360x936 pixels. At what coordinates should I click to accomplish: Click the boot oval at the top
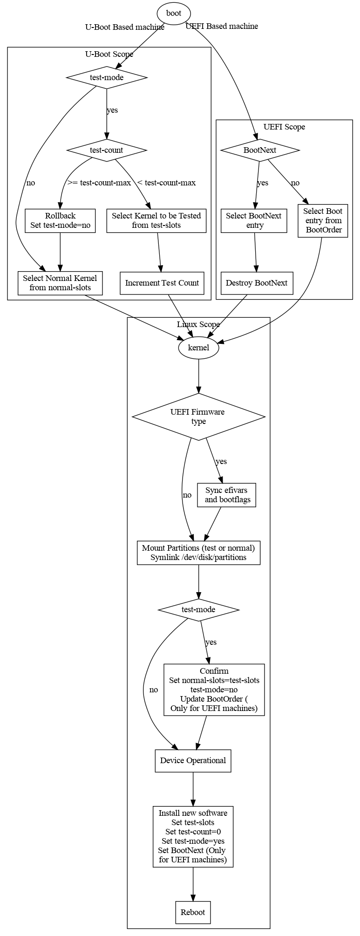pos(174,14)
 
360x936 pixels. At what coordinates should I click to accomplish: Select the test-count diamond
pos(107,150)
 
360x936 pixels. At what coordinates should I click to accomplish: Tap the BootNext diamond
pos(260,150)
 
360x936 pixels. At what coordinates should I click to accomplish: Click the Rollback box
pos(60,220)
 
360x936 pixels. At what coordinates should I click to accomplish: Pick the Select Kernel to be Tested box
pos(156,220)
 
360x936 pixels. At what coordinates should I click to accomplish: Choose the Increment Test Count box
pos(162,283)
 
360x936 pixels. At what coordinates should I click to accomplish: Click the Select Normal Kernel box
pos(60,283)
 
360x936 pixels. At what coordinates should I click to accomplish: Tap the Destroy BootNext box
pos(257,283)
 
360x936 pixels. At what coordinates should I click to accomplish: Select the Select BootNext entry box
pos(254,220)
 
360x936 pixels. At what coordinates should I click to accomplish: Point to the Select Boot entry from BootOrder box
pos(323,220)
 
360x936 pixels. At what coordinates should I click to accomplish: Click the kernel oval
pos(198,348)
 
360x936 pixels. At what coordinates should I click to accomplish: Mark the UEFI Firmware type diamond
pos(198,417)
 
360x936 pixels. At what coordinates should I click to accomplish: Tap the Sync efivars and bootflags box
pos(227,495)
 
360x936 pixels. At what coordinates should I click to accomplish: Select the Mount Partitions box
pos(198,553)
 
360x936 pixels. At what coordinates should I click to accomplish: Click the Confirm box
pos(214,690)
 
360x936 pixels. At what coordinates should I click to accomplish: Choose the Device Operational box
pos(193,760)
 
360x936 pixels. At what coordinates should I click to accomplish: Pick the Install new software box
pos(193,836)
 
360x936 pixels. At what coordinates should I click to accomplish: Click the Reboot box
pos(193,912)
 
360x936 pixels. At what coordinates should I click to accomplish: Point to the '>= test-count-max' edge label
pos(99,183)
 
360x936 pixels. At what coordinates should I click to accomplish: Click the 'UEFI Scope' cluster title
pos(284,127)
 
